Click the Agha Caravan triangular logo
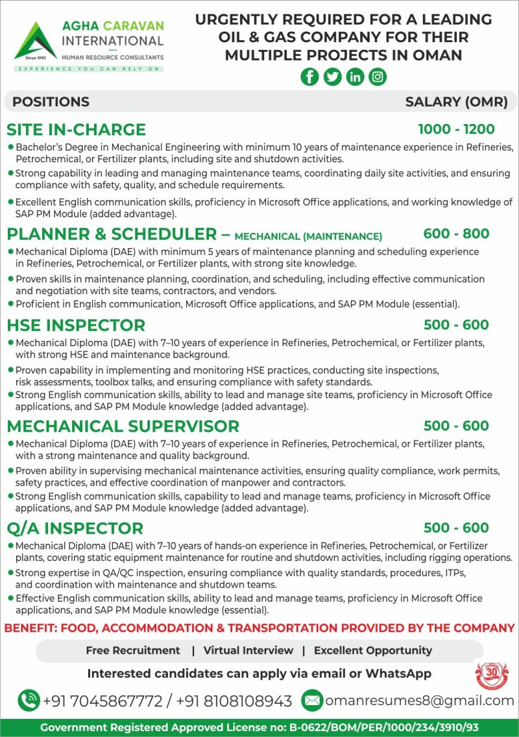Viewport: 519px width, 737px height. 35,40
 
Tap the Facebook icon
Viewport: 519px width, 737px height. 310,77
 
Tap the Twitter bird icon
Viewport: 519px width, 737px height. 333,77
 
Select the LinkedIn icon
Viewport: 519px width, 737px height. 356,77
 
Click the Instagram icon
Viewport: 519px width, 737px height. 378,77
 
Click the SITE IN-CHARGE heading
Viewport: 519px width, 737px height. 76,129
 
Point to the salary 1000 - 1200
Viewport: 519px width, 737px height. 456,129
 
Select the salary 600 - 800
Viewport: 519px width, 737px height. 456,234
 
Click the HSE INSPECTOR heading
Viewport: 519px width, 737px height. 76,325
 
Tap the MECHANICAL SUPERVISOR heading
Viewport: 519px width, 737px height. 123,426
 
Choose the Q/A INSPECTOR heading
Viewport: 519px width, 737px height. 75,528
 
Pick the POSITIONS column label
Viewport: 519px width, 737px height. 51,101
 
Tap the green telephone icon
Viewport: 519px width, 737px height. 29,700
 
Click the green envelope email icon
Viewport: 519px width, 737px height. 312,700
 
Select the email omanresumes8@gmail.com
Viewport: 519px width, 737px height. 419,701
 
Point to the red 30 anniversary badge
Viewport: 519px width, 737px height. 492,675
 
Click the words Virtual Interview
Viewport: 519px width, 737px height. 248,650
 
